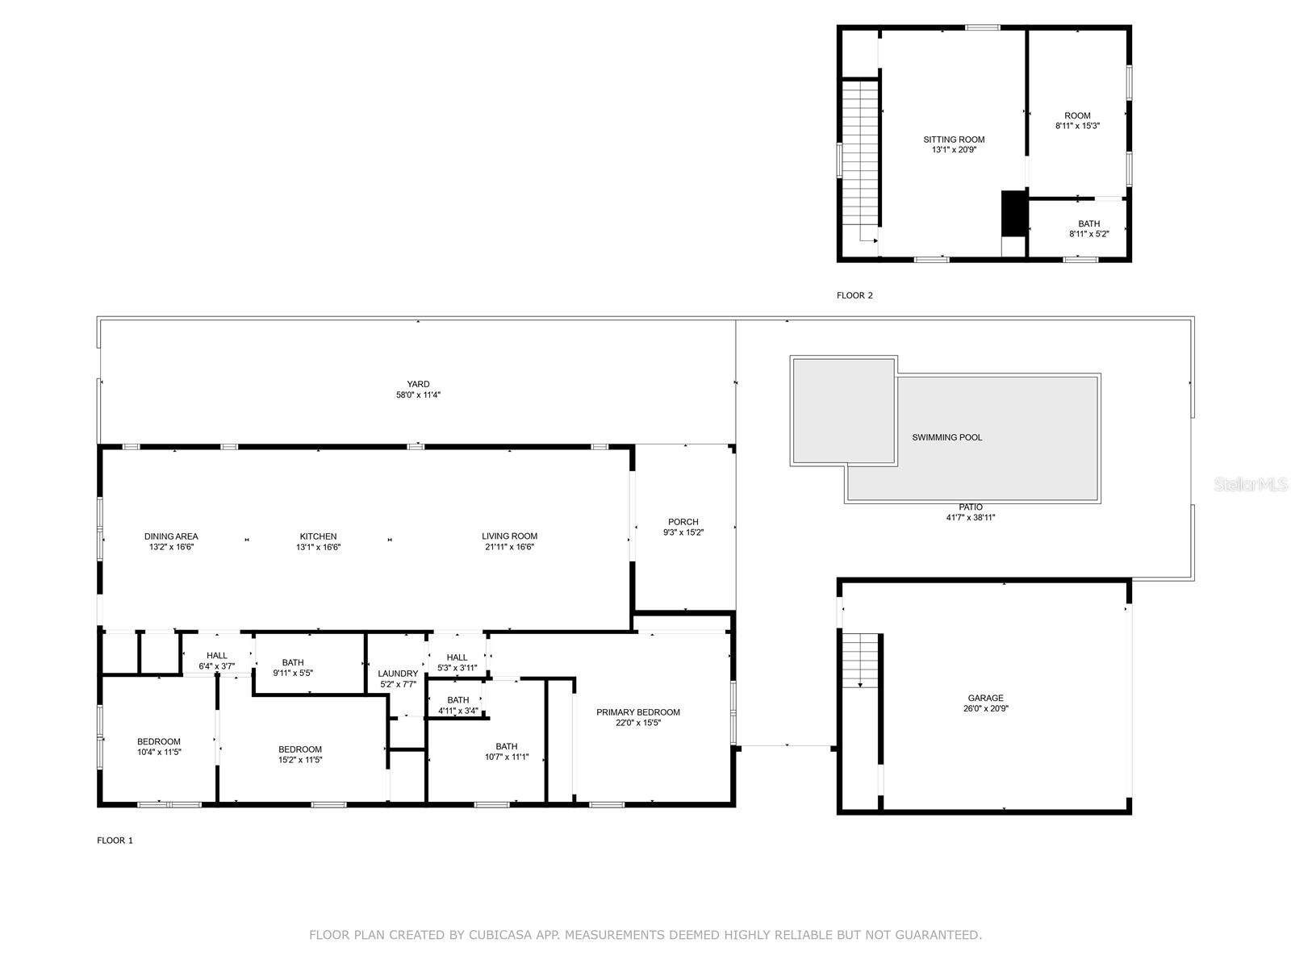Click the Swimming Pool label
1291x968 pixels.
tap(946, 437)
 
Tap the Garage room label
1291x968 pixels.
tap(985, 698)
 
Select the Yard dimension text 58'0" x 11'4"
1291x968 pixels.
tap(418, 395)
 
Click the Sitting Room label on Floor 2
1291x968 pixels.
tap(954, 140)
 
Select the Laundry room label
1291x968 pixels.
tap(397, 674)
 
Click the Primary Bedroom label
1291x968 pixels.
tap(637, 712)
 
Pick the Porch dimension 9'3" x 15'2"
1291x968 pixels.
tap(683, 532)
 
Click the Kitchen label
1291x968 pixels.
tap(318, 536)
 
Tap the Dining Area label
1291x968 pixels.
tap(171, 536)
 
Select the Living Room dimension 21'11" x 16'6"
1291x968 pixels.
tap(509, 547)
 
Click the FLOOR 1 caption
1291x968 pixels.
tap(115, 841)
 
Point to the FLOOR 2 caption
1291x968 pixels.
tap(854, 295)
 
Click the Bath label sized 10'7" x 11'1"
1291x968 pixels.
tap(507, 746)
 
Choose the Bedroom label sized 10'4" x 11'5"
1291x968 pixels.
tap(159, 741)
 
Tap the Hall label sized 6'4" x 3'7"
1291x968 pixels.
tap(216, 656)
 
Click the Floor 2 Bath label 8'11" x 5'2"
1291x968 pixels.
tap(1088, 224)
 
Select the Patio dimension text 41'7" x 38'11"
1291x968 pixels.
tap(971, 518)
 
